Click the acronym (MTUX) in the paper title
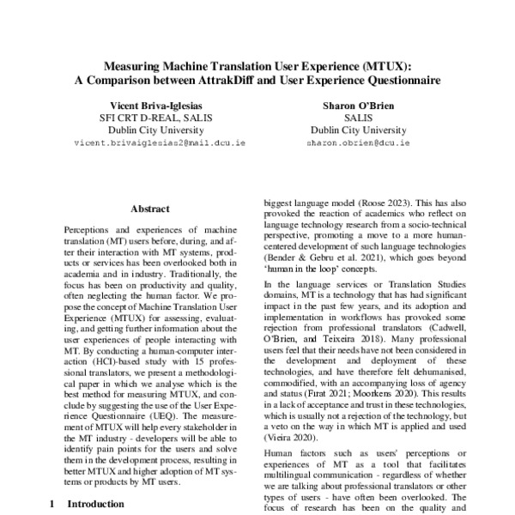click(x=381, y=65)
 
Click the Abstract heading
click(x=149, y=209)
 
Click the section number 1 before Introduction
click(x=52, y=505)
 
